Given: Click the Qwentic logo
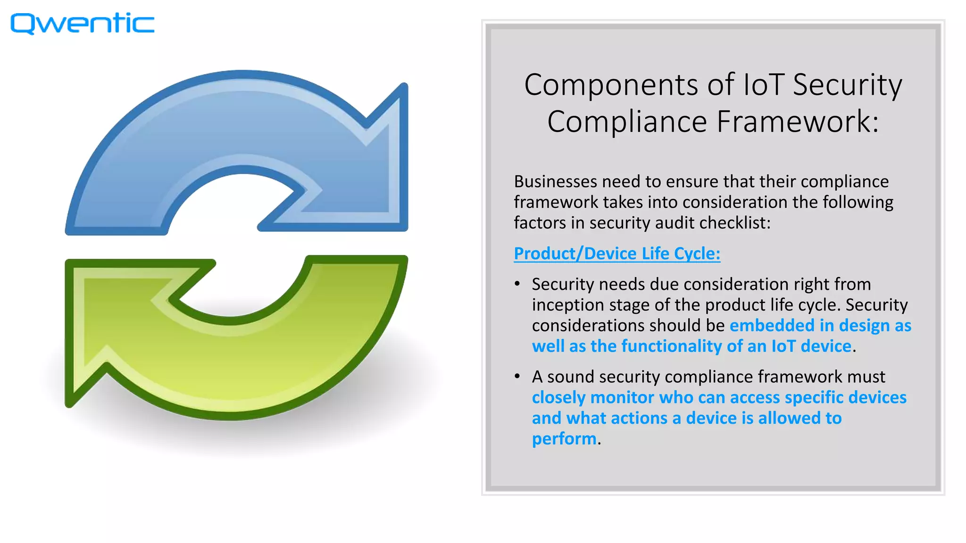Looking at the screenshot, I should pos(83,24).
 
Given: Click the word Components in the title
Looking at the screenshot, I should pos(611,85).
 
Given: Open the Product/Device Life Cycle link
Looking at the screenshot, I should pos(617,254).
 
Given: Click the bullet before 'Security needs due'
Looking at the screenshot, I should pos(517,284).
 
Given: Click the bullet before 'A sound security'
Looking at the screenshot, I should pos(517,377).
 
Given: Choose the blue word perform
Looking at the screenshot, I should pos(564,439).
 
